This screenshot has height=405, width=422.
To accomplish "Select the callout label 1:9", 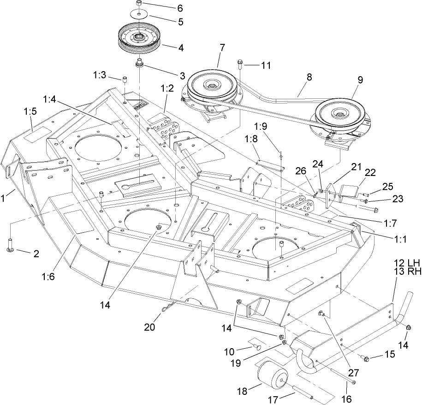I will click(x=262, y=126).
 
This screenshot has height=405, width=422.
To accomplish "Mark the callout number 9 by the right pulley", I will click(x=359, y=79).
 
